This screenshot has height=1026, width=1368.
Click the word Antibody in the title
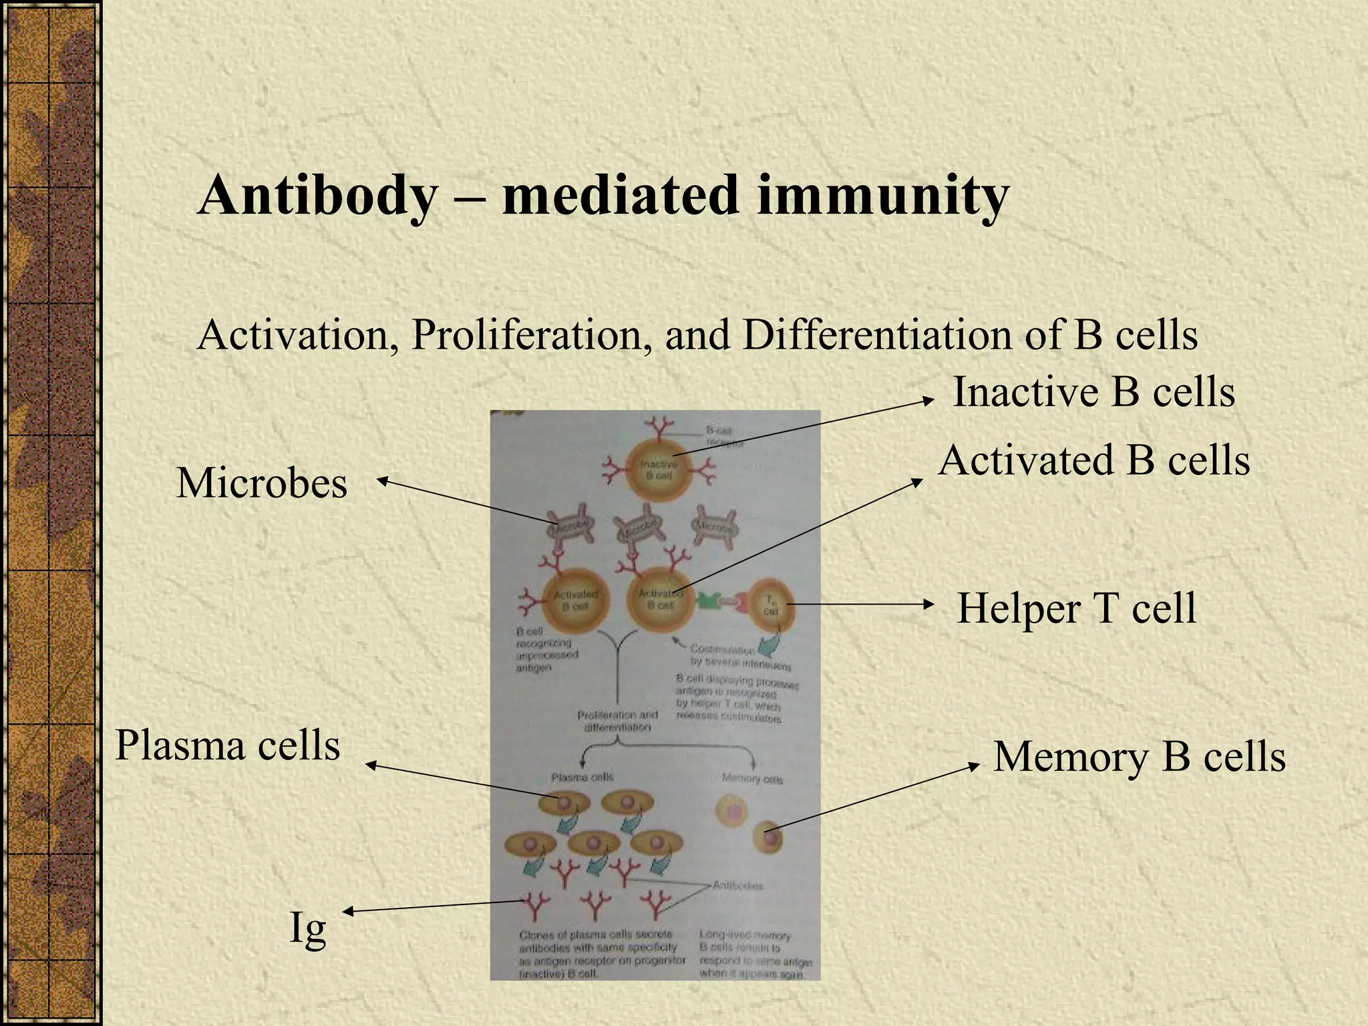(x=317, y=195)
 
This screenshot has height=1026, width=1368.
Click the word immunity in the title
(x=882, y=195)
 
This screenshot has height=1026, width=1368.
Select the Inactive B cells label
(x=1093, y=391)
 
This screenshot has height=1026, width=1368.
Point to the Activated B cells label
(x=1094, y=461)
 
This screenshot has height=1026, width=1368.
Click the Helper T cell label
(x=1076, y=608)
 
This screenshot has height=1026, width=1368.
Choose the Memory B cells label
(x=1139, y=757)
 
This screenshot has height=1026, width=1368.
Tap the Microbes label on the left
(x=262, y=483)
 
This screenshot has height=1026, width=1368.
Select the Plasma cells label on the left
(x=228, y=745)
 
